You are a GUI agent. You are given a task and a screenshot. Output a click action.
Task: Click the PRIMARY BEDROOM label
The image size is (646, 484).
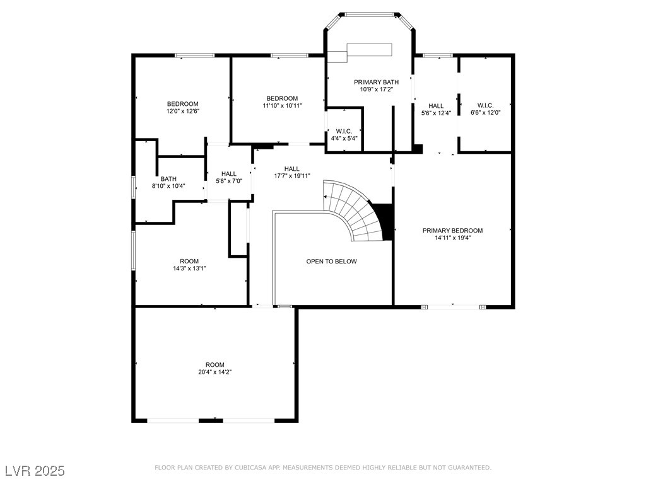pos(452,231)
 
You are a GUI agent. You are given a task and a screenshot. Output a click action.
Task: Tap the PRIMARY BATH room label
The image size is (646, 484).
pos(376,83)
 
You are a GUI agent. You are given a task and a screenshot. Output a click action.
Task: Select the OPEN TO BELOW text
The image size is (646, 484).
pos(331,262)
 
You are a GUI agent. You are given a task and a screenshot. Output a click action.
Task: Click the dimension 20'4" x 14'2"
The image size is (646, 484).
pos(214,372)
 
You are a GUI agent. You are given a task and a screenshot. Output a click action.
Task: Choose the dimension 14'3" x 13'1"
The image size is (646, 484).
pos(189,268)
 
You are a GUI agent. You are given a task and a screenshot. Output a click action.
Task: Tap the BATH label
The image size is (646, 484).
pos(168,179)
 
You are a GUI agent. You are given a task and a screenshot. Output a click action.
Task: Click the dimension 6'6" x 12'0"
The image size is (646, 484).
pos(485,112)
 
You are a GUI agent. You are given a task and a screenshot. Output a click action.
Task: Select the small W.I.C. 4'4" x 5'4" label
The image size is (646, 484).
pos(344,135)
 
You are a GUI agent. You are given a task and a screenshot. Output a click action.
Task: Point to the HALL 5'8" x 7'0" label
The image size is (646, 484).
pos(228,177)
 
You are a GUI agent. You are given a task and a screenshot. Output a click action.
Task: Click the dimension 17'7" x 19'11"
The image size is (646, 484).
pos(291,176)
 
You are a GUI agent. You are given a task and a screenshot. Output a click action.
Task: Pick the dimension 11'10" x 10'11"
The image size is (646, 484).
pos(282,105)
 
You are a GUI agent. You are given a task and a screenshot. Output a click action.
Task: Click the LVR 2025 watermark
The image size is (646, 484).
pos(35,471)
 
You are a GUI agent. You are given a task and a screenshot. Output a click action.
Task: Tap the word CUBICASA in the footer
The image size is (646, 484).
pos(250,468)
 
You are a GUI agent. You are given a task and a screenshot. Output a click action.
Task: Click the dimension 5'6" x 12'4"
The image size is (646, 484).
pos(436,113)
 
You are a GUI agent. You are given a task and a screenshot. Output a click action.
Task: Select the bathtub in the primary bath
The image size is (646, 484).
pos(369,49)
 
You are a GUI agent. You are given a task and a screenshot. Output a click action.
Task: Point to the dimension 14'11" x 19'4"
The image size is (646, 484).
pos(452,238)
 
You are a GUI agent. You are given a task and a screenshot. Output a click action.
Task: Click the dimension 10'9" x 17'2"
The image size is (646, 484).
pos(376,89)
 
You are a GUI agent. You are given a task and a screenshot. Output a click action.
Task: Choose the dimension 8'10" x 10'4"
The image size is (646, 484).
pos(168,186)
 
